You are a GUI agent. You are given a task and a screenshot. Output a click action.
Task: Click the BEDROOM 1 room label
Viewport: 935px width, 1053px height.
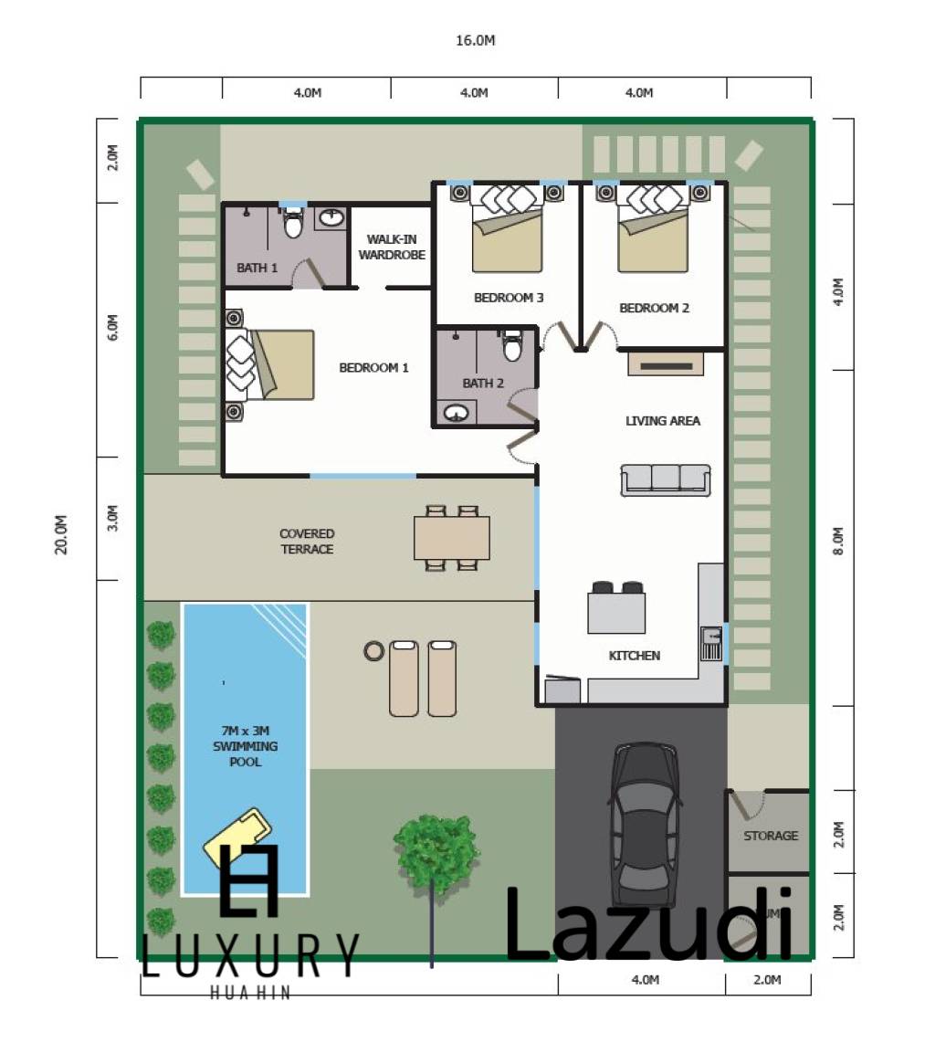[x=373, y=368]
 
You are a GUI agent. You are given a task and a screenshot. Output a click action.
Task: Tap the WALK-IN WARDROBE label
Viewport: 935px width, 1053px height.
[x=392, y=247]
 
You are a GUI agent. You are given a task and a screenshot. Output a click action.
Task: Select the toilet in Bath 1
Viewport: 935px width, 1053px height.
[x=293, y=222]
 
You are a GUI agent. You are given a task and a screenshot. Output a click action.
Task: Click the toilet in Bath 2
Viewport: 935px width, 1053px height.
[x=512, y=348]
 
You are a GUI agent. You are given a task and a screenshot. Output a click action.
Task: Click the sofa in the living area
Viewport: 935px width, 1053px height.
[x=666, y=480]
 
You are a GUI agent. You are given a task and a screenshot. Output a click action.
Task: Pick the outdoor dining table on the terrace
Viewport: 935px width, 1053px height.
[x=452, y=538]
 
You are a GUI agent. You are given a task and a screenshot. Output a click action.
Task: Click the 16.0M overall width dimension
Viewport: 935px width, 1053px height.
[x=476, y=40]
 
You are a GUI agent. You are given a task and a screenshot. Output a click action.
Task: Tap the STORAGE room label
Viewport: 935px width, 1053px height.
[x=771, y=836]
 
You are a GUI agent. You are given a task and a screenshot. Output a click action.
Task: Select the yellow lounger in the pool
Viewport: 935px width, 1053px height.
[x=237, y=831]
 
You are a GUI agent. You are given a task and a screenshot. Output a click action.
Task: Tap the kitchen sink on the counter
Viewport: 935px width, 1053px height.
[x=710, y=643]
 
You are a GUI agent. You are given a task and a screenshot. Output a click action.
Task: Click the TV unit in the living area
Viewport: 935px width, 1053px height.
[x=666, y=364]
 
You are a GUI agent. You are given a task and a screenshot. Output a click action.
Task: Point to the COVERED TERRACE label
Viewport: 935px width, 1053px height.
[x=307, y=542]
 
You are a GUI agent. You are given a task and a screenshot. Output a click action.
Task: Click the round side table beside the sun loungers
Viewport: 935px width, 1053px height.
[x=373, y=651]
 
